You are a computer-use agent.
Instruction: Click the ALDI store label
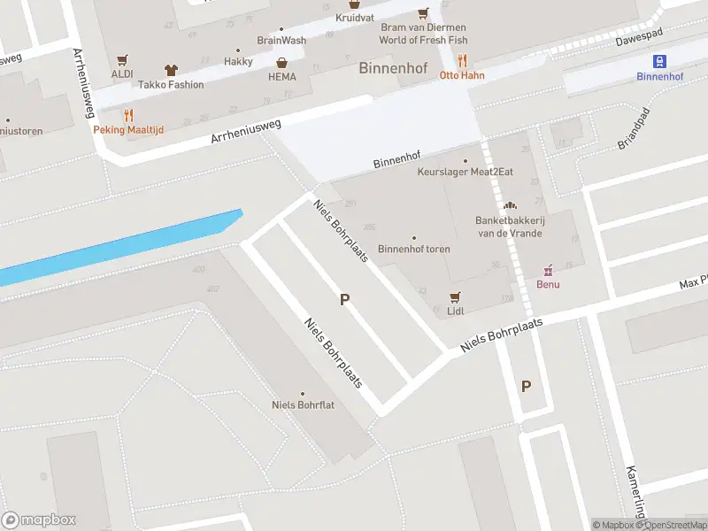coord(122,73)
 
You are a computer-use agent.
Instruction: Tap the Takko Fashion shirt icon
coord(171,69)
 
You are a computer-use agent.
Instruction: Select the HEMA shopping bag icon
coord(281,63)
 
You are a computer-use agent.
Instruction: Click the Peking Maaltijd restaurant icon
coord(129,114)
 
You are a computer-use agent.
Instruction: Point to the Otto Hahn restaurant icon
coord(462,60)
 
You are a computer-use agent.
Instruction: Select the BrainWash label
coord(281,40)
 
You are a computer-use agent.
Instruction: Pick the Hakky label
coord(238,61)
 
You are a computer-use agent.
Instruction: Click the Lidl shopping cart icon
coord(456,296)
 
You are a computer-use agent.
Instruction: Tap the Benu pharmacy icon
coord(548,270)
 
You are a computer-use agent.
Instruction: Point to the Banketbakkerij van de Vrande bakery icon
coord(509,205)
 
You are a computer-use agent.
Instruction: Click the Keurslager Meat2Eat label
coord(465,172)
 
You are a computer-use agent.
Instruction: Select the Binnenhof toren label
coord(413,249)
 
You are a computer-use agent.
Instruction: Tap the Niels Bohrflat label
coord(302,405)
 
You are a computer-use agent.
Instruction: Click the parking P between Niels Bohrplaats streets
coord(344,300)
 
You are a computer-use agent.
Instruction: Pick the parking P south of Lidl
coord(526,386)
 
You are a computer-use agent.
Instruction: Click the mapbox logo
coord(38,520)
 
